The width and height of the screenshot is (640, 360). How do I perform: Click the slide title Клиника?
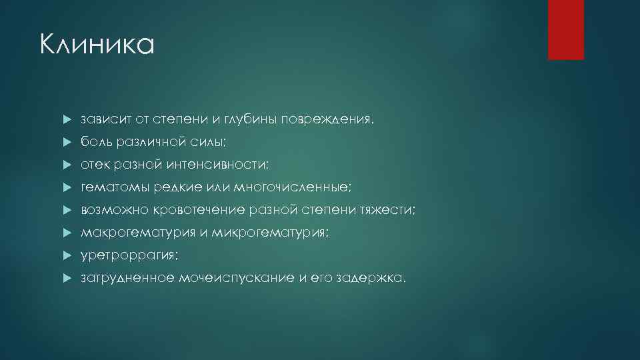pyautogui.click(x=97, y=45)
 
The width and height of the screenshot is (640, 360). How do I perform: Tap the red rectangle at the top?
pyautogui.click(x=565, y=29)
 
